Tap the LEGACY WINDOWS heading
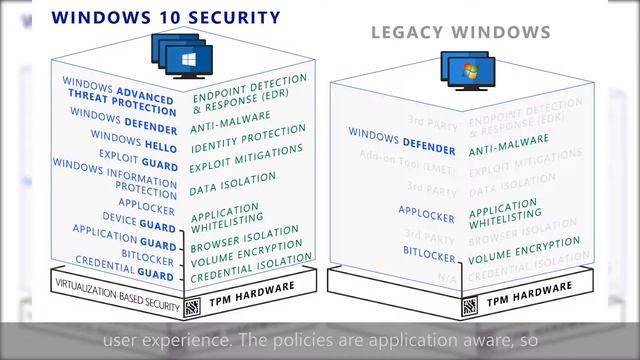[461, 32]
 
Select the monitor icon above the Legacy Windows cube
[464, 72]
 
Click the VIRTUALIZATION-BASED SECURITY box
[117, 305]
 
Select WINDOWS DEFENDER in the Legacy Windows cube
[402, 141]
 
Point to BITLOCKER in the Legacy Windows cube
[430, 255]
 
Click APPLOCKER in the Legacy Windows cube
[427, 211]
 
